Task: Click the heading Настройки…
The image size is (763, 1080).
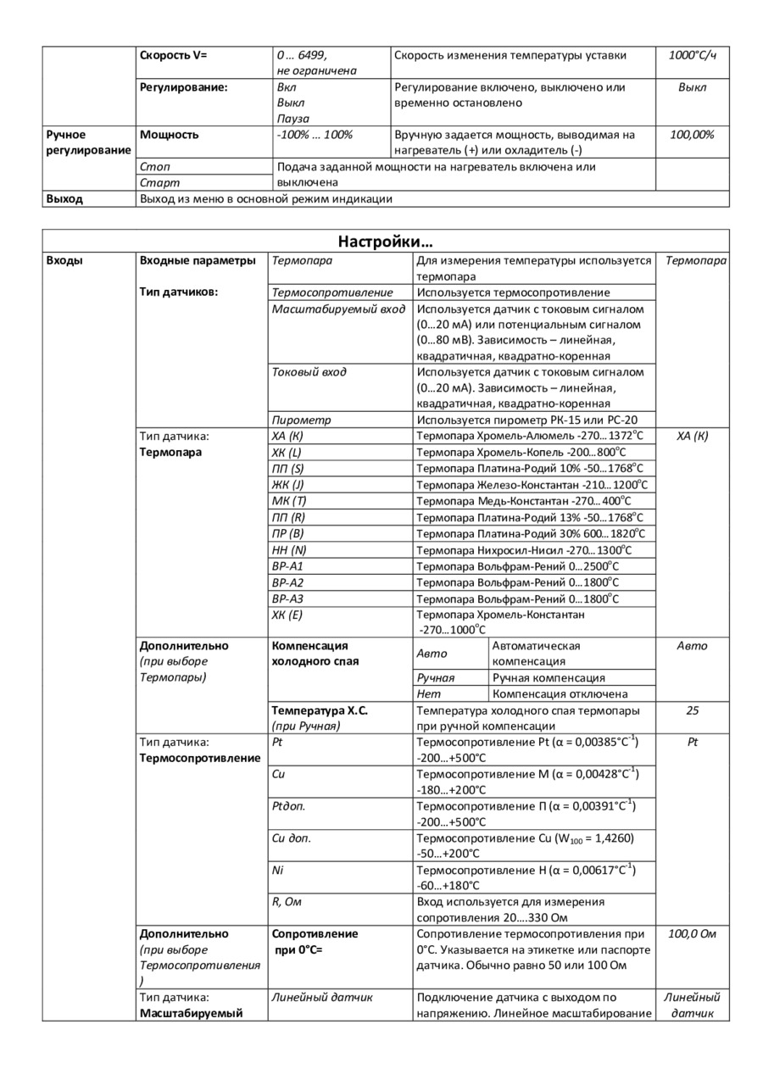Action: click(x=386, y=241)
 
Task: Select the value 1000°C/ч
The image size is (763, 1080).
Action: click(x=692, y=55)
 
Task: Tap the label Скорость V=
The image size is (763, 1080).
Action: click(x=173, y=55)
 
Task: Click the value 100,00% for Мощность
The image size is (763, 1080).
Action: click(x=692, y=135)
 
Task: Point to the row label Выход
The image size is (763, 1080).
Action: click(x=64, y=199)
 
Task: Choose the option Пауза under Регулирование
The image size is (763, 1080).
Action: click(x=293, y=119)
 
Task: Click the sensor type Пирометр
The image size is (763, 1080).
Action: click(x=301, y=420)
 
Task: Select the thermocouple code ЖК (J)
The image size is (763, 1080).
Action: click(x=287, y=485)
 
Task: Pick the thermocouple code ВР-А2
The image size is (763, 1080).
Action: click(x=287, y=582)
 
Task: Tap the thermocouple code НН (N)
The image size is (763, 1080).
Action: click(x=287, y=550)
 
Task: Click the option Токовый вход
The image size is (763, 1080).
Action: click(x=309, y=372)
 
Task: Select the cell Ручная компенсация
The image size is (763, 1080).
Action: click(x=549, y=678)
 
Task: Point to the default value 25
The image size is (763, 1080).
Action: click(x=692, y=710)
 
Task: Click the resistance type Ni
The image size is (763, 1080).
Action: click(x=277, y=870)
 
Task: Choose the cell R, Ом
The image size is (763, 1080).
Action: click(x=287, y=902)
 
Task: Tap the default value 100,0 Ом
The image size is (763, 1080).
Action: click(x=692, y=934)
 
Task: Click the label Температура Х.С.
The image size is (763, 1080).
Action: click(x=319, y=710)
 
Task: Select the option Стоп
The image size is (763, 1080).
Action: click(x=154, y=167)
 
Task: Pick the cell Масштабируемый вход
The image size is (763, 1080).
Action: click(x=338, y=309)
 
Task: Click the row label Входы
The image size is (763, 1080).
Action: click(x=64, y=260)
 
